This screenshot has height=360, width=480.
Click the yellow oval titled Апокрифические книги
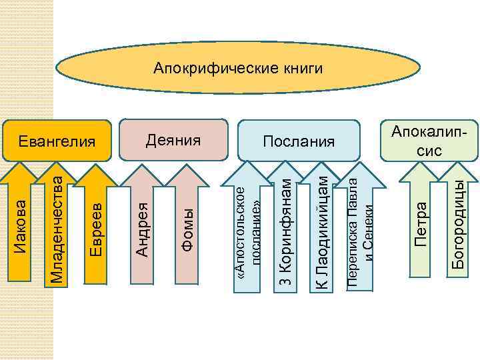tap(238, 68)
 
